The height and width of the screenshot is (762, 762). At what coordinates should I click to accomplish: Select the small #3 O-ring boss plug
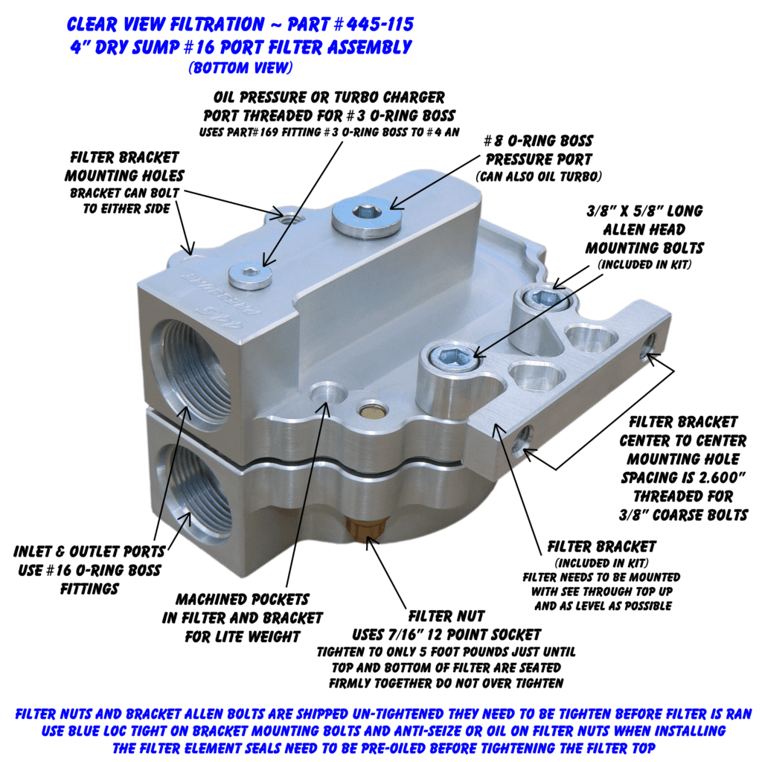(x=250, y=277)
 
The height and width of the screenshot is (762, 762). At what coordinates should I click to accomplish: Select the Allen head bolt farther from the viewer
(x=541, y=298)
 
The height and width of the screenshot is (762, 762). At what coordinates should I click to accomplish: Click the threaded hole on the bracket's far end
(x=650, y=345)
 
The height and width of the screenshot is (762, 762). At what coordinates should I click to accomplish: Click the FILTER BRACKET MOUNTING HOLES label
(x=124, y=167)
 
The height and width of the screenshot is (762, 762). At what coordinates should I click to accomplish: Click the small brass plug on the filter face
(x=371, y=409)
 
